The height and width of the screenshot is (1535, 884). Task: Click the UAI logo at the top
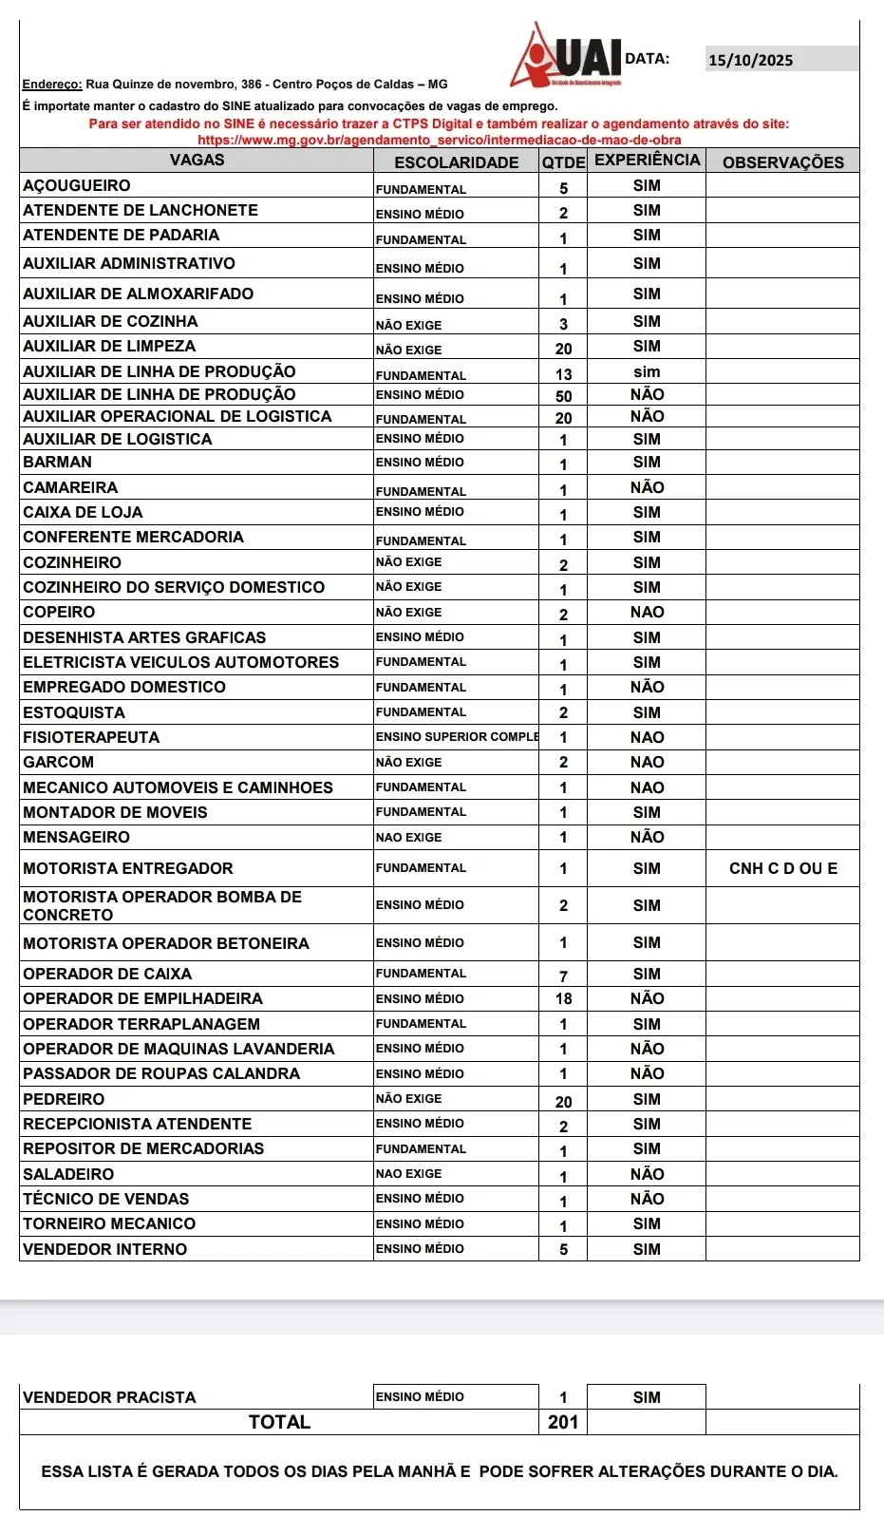[568, 56]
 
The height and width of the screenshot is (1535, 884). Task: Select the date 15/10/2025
[750, 61]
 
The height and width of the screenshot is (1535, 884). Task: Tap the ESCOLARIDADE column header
[456, 162]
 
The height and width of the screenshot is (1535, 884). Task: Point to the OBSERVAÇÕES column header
[782, 162]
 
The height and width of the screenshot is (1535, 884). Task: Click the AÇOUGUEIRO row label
[77, 186]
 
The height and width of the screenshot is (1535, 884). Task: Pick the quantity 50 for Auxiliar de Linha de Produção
[563, 396]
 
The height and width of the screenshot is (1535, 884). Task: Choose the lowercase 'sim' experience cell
[646, 372]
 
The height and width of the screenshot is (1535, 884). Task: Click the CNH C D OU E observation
[782, 868]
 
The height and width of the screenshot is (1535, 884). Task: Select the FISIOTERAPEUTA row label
[91, 738]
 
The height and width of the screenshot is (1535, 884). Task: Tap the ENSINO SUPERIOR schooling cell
[457, 737]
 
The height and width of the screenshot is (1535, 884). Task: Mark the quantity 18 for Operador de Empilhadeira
[563, 999]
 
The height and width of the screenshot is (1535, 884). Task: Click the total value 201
[563, 1422]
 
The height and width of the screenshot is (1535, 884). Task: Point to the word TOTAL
[279, 1422]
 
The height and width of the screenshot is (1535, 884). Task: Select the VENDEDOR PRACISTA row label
[109, 1397]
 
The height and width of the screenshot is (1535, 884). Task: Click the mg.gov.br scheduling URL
[439, 141]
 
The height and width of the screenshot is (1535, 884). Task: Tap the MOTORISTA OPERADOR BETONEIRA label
[166, 944]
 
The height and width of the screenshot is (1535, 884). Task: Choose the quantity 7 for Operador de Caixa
[563, 976]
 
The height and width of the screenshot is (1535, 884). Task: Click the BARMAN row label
[58, 463]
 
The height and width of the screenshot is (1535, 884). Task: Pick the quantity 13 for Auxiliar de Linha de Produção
[563, 374]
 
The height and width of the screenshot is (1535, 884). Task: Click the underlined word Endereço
[52, 85]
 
